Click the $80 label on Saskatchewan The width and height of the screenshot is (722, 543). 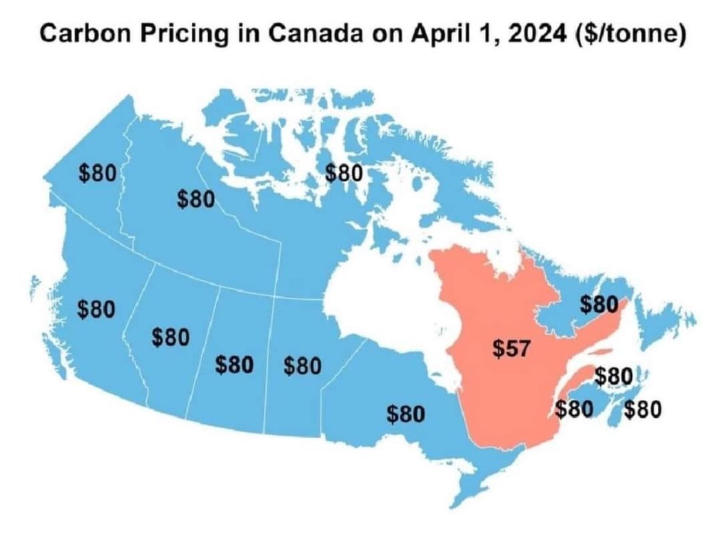(x=234, y=365)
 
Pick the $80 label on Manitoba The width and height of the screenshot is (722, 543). (x=301, y=365)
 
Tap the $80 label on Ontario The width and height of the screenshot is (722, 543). (x=406, y=414)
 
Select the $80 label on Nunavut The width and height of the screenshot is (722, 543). (x=344, y=173)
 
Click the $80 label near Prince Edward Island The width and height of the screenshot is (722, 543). (x=614, y=377)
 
